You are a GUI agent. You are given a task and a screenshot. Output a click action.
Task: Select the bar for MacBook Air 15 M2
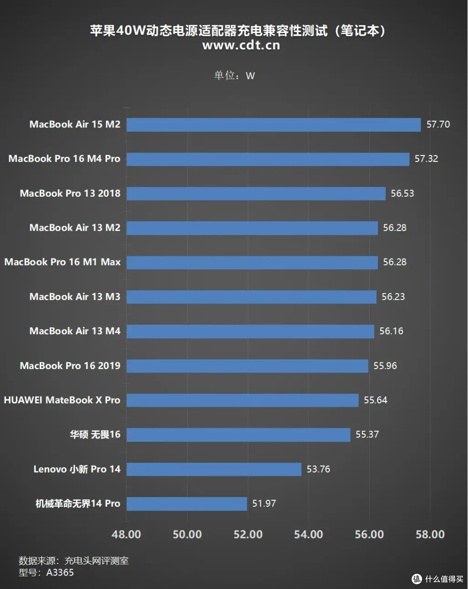pos(273,125)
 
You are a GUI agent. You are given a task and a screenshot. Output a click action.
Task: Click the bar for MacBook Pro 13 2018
pos(256,194)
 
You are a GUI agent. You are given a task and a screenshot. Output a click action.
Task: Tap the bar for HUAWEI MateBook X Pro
pos(242,400)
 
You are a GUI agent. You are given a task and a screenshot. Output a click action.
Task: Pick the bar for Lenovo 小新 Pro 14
pos(214,469)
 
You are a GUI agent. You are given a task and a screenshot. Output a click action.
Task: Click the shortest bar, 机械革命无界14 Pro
pos(187,504)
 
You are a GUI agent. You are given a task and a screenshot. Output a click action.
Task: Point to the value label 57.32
pos(426,159)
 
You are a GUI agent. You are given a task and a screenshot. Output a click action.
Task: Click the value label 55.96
pos(385,366)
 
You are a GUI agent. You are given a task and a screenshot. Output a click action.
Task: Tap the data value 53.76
pos(318,469)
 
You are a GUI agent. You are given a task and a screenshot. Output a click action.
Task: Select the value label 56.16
pos(391,331)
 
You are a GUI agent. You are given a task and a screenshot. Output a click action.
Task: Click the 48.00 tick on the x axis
pos(126,534)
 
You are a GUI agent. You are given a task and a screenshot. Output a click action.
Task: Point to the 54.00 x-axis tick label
pos(309,534)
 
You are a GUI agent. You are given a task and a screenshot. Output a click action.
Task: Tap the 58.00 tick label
pos(430,534)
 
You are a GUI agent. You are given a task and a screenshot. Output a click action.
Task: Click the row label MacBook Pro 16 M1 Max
pos(62,262)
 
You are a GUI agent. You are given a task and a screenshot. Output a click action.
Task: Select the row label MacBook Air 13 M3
pos(75,297)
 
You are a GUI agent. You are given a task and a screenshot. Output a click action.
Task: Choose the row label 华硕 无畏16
pos(95,434)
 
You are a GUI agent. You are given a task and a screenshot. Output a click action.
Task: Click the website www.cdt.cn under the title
pos(241,45)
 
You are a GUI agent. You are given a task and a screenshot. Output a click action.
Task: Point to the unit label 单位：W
pos(234,75)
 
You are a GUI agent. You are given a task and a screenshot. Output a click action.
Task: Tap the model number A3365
pos(60,572)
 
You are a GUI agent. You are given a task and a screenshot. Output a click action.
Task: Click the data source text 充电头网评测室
pos(96,561)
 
